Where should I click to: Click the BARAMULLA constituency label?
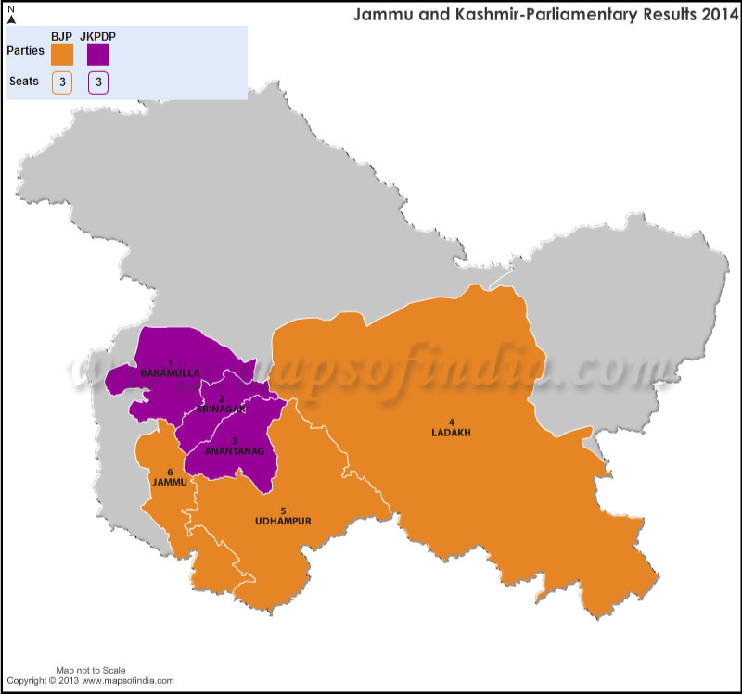(170, 372)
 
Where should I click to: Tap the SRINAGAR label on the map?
(221, 409)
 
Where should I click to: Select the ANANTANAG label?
(236, 451)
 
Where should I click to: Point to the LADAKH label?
(451, 432)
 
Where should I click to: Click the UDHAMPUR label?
(283, 521)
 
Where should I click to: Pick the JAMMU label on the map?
(171, 483)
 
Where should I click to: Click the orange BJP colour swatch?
(62, 55)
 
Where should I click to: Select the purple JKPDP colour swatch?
(98, 55)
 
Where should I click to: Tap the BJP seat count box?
(62, 82)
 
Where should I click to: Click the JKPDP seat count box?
(98, 82)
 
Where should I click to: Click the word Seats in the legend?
(24, 82)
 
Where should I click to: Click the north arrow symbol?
(10, 16)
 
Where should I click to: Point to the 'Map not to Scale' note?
(91, 670)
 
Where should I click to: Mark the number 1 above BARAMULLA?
(170, 362)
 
